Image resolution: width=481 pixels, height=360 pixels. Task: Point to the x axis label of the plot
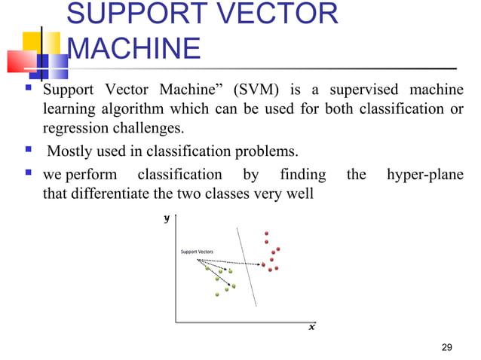coord(312,327)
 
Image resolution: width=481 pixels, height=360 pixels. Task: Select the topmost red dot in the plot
coord(265,233)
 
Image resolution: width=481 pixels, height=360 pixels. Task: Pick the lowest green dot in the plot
coord(216,294)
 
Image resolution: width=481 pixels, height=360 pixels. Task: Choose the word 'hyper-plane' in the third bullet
coord(424,175)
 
